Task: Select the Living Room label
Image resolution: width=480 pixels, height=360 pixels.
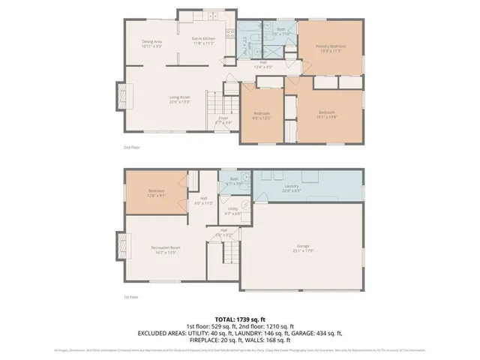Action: tap(178, 98)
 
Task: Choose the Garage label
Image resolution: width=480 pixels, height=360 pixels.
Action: tap(303, 247)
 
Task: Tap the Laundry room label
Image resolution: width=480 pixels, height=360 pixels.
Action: tap(292, 188)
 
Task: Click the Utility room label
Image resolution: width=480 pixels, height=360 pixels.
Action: tap(233, 210)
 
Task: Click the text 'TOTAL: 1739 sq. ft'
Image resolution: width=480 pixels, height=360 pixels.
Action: tap(240, 319)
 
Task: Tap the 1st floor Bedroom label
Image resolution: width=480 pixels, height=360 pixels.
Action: tap(157, 193)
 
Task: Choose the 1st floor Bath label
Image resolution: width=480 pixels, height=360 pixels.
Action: tap(234, 178)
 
